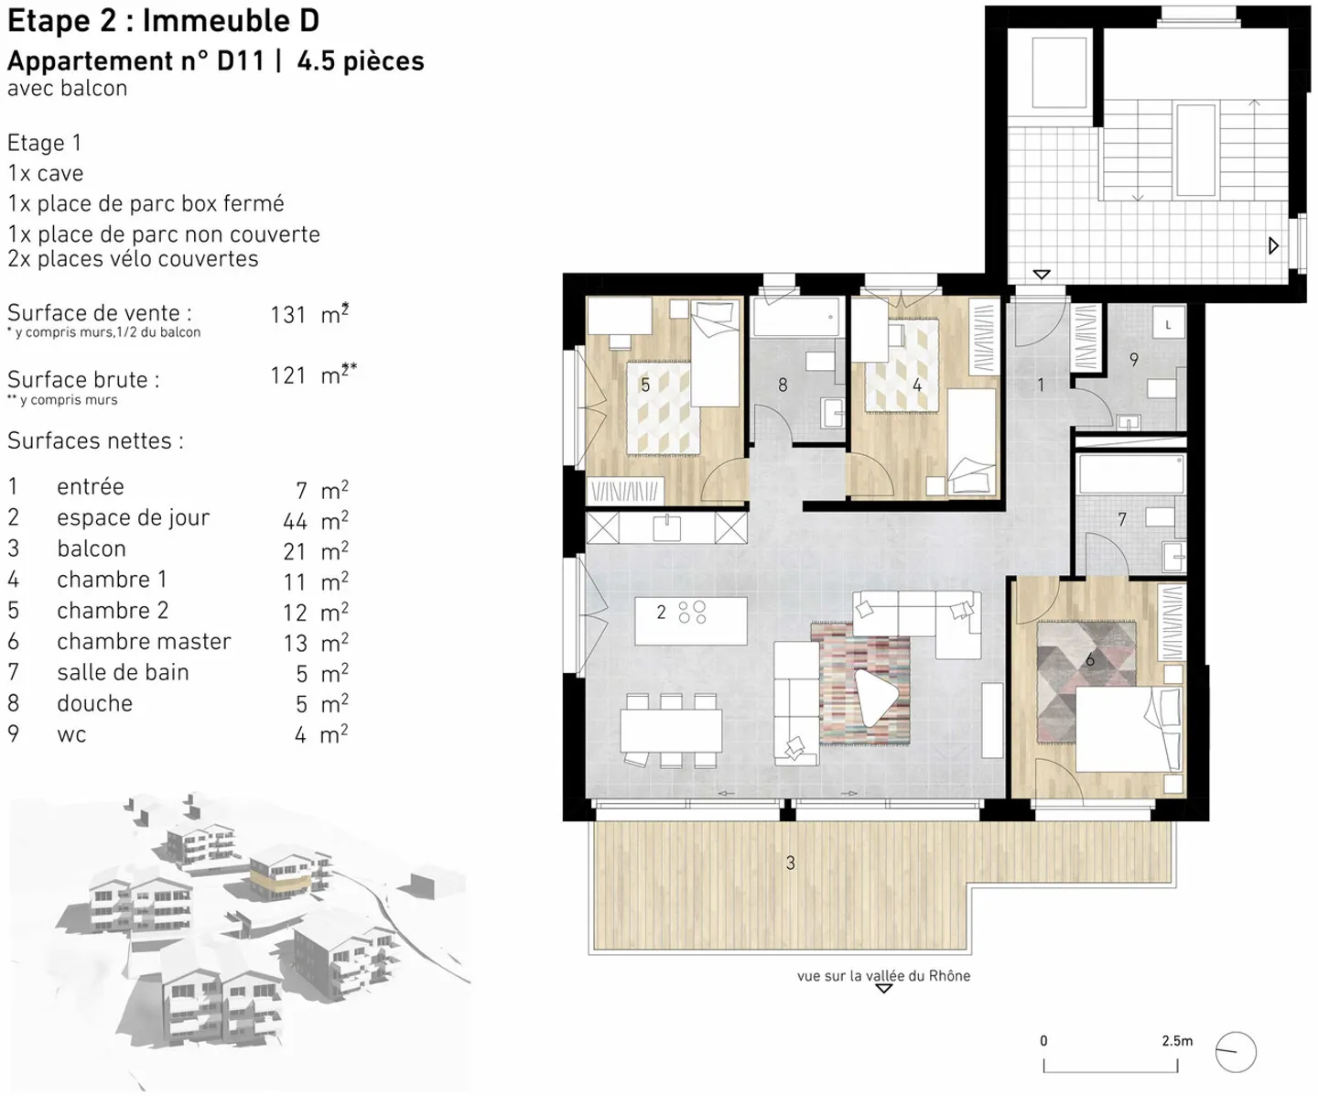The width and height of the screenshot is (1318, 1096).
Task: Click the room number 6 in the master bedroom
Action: [x=1089, y=660]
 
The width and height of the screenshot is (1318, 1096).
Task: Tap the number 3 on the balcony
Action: [x=790, y=863]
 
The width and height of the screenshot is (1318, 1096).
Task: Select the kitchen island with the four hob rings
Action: [x=690, y=621]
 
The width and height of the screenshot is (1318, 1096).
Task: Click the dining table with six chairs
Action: [x=671, y=731]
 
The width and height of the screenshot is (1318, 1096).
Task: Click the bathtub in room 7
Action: [x=1131, y=473]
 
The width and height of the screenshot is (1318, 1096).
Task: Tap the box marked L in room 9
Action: [x=1169, y=324]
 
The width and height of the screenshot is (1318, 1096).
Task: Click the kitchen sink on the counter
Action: [x=666, y=527]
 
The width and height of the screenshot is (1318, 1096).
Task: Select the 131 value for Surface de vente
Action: [x=287, y=314]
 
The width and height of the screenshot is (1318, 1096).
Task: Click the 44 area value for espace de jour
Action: [x=295, y=522]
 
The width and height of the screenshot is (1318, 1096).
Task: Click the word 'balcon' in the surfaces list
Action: [x=92, y=548]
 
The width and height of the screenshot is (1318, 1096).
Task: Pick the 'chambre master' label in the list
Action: [x=144, y=642]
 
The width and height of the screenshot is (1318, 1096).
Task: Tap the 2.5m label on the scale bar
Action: [x=1177, y=1040]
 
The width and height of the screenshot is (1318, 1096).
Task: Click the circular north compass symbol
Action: [x=1236, y=1052]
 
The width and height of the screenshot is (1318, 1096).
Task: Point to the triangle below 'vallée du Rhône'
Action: [x=884, y=988]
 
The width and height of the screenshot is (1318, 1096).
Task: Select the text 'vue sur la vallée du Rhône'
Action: [x=884, y=976]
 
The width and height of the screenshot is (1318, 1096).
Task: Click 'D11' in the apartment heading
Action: [x=241, y=61]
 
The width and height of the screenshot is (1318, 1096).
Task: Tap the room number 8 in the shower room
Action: [x=783, y=385]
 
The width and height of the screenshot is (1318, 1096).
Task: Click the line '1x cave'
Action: [x=46, y=173]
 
